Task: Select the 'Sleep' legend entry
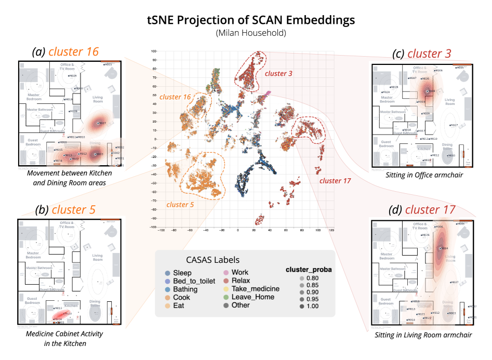click(182, 273)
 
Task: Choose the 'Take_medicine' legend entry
click(255, 289)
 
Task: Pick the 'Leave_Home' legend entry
click(252, 297)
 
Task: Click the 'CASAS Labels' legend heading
click(212, 260)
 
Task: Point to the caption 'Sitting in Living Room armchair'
click(423, 335)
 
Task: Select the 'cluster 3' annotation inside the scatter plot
click(278, 73)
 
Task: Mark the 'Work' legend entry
click(240, 272)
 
